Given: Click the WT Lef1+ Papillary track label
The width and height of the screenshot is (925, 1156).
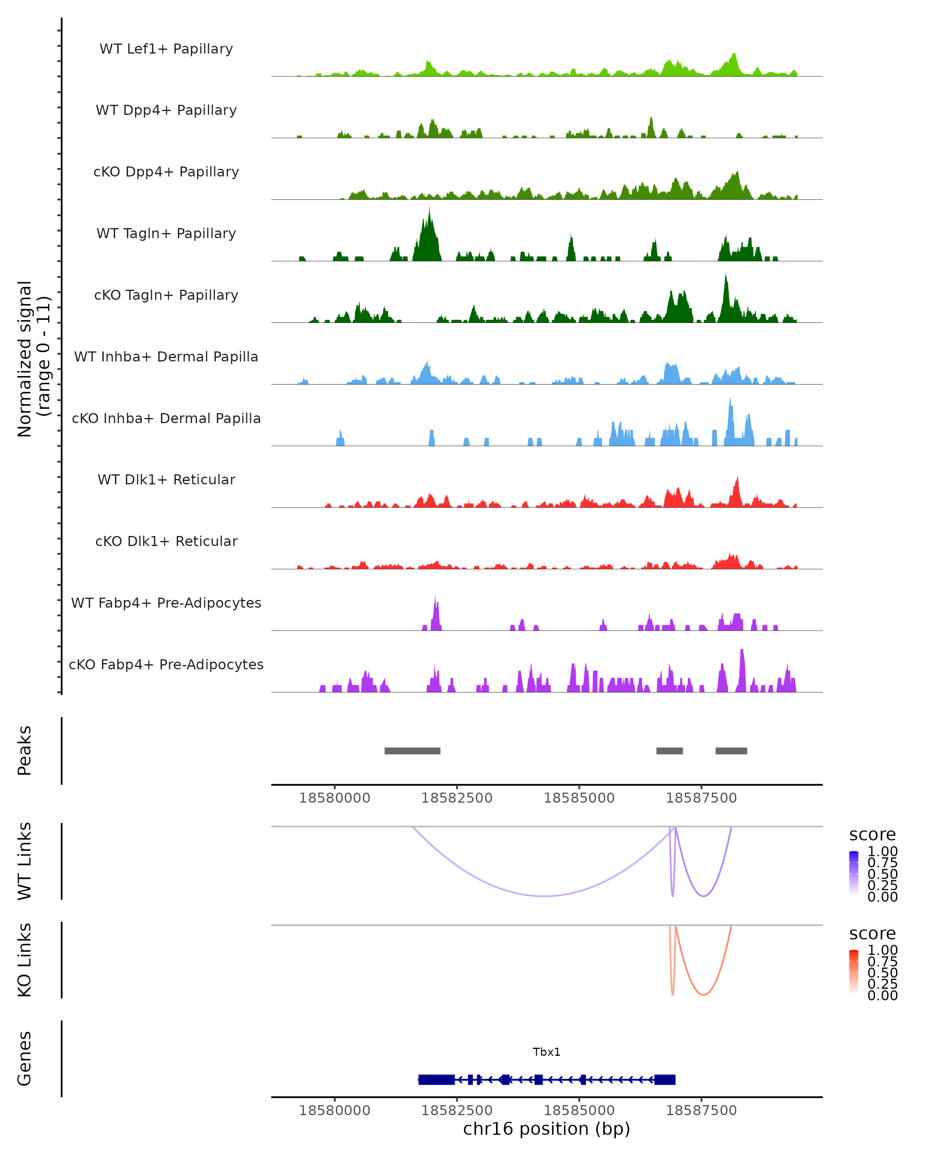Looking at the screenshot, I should pyautogui.click(x=166, y=49).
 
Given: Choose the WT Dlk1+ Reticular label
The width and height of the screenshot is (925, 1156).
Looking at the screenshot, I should pyautogui.click(x=166, y=479).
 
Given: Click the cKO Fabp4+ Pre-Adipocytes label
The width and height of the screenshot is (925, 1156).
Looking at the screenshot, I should pyautogui.click(x=166, y=664).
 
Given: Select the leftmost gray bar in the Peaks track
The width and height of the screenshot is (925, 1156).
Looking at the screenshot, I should pyautogui.click(x=412, y=751).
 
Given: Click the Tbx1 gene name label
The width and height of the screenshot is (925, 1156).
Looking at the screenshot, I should pyautogui.click(x=547, y=1052).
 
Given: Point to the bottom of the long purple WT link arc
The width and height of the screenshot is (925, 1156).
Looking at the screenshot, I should pyautogui.click(x=544, y=896).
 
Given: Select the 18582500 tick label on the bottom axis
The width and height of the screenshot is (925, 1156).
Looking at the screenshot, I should pyautogui.click(x=457, y=1111).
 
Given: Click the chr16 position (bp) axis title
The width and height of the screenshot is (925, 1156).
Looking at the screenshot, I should pyautogui.click(x=547, y=1129).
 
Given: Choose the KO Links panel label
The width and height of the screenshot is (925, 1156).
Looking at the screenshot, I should pyautogui.click(x=25, y=960).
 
